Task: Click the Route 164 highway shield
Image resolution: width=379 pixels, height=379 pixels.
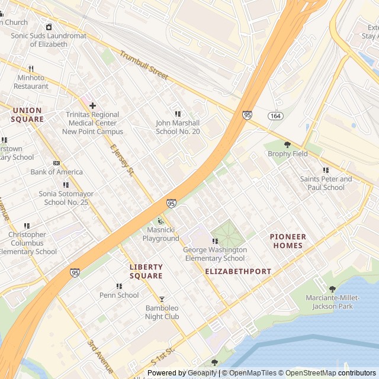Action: pos(275,115)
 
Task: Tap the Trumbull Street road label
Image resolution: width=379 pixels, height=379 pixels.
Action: pos(144,66)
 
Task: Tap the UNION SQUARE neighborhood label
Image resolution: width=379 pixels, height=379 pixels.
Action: pos(27,115)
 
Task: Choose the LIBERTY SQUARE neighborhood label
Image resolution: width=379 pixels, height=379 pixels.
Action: pos(146,272)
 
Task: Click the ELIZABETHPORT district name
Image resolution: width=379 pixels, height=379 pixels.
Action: pos(238,271)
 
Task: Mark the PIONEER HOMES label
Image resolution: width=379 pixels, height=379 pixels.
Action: pos(288,241)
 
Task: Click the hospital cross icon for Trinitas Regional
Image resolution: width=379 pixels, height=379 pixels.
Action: pos(92,105)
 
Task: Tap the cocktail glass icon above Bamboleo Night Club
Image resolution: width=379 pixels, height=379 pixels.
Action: pos(162,299)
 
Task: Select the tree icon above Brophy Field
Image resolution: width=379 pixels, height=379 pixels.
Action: pos(287,144)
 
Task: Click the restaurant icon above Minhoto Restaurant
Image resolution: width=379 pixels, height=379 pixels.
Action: pos(31,69)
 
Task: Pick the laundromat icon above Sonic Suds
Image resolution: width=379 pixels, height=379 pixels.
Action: pos(49,27)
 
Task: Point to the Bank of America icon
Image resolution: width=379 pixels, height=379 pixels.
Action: pos(56,163)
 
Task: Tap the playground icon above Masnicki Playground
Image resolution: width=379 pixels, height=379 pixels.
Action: pos(160,221)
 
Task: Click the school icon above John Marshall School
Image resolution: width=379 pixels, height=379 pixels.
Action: pos(177,114)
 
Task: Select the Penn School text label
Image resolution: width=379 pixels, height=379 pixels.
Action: pos(119,295)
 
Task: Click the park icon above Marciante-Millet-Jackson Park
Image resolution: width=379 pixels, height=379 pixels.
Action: pos(332,289)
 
